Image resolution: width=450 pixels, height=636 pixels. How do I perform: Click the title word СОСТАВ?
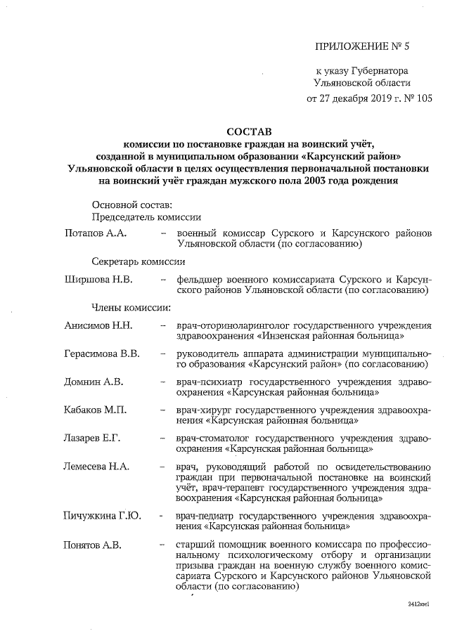click(x=248, y=131)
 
